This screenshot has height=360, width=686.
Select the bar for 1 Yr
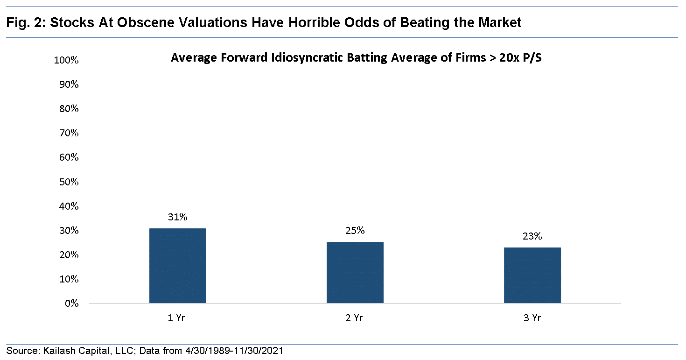click(x=177, y=266)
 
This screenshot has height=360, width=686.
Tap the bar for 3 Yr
click(x=532, y=275)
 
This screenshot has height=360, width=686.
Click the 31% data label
click(x=177, y=217)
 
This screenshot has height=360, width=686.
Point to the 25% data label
click(x=355, y=231)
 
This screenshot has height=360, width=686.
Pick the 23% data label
click(x=532, y=236)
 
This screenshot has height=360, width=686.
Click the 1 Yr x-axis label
click(x=177, y=318)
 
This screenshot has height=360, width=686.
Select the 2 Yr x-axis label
click(x=355, y=318)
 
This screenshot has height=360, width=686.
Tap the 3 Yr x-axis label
click(x=532, y=318)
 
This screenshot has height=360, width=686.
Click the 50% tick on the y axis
click(x=69, y=182)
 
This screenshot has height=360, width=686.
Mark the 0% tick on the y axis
click(x=71, y=304)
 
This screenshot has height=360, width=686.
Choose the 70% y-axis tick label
click(x=69, y=134)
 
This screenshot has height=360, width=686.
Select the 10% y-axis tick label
click(x=69, y=279)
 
